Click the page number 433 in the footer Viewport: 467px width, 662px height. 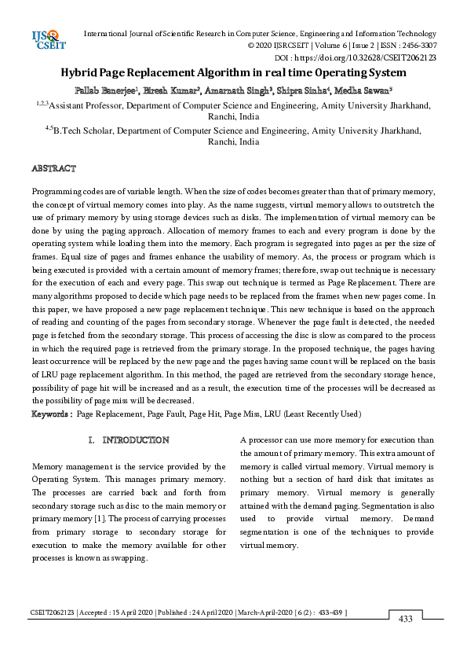click(x=406, y=620)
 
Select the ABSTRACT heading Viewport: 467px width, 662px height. click(x=53, y=168)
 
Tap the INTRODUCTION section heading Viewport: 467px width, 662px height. click(x=135, y=439)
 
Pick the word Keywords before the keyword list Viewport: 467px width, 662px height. click(x=50, y=414)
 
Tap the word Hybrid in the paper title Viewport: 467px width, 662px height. click(x=82, y=73)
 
